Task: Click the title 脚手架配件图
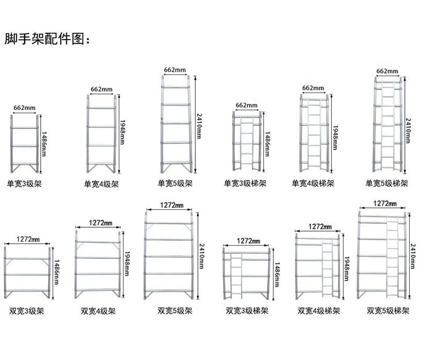pos(47,40)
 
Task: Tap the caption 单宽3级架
pos(25,183)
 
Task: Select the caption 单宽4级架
pos(101,183)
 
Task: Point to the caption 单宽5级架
pos(176,183)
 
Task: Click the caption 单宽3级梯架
pos(245,183)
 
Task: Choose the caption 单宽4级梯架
pos(313,183)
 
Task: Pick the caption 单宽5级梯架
pos(388,183)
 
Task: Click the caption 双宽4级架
pos(98,311)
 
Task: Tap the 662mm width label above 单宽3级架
pos(24,108)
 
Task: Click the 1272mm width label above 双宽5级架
pos(171,205)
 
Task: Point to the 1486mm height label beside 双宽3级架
pos(57,270)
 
